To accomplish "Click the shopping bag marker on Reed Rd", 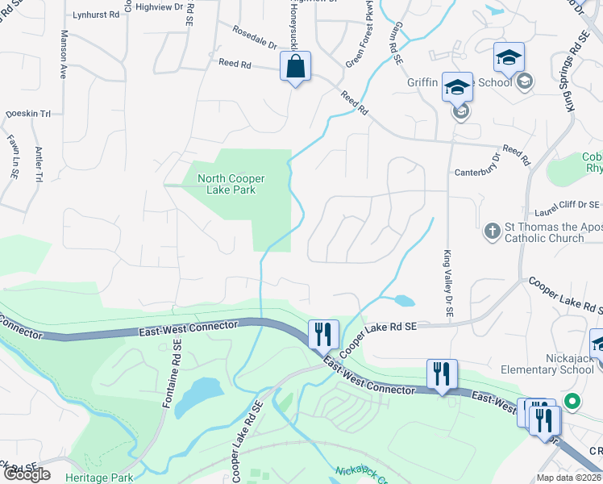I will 296,67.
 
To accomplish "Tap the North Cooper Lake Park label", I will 232,184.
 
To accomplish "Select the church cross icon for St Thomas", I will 492,232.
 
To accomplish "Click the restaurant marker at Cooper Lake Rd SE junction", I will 323,333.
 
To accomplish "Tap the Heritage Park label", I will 101,478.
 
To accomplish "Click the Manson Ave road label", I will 64,54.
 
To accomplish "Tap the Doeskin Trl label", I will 28,115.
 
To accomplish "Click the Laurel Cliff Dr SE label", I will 568,207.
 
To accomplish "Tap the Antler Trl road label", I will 38,165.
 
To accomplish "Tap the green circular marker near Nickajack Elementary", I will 573,400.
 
